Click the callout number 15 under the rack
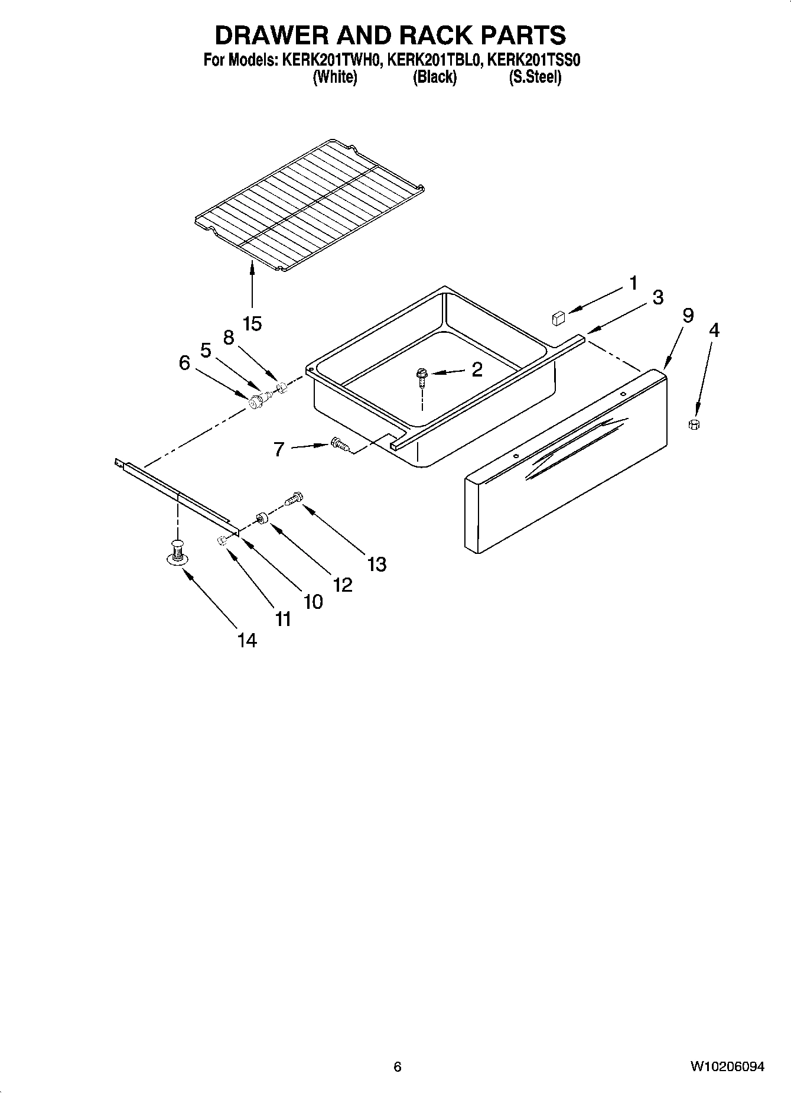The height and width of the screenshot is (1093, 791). coord(252,323)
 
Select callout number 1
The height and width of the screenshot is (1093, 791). coord(633,284)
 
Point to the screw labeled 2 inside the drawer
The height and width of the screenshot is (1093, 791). coord(422,376)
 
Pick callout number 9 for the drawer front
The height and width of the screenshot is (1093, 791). coord(688,316)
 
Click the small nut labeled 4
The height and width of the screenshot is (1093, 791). coord(695,423)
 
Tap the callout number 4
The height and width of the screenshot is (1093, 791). coord(714,330)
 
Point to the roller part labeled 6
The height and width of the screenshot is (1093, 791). coord(256,403)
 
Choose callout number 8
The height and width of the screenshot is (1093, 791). coord(229,338)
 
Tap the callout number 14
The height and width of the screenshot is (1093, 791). coord(247,640)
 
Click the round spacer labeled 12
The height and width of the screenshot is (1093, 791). coord(262,519)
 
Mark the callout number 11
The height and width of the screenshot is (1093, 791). coord(283,619)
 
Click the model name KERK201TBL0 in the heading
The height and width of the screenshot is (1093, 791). coord(433,60)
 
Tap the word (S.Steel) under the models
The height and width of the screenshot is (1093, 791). coord(535,77)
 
